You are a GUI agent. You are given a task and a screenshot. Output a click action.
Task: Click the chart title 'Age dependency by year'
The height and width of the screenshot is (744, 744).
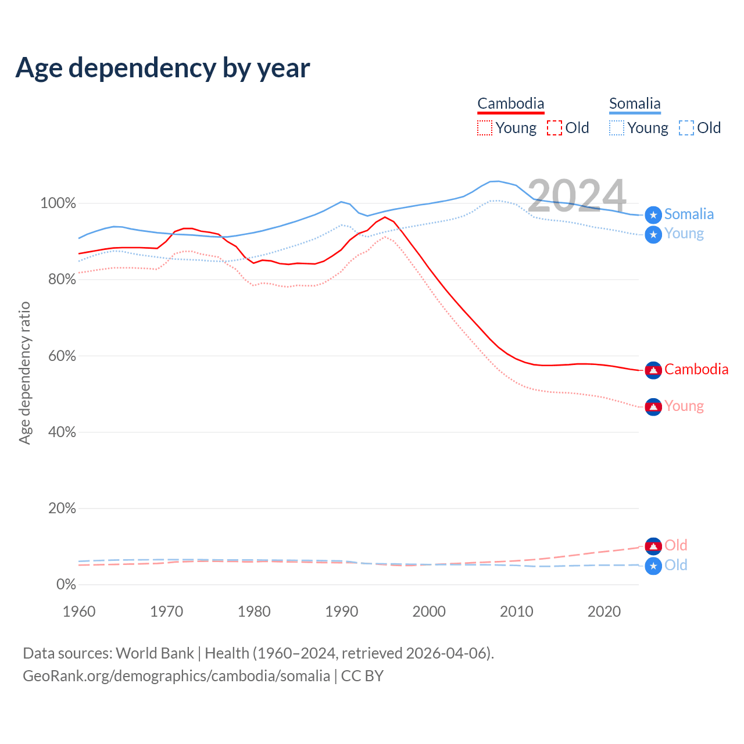click(163, 67)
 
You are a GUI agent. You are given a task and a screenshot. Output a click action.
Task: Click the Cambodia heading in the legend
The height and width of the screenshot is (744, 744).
click(511, 103)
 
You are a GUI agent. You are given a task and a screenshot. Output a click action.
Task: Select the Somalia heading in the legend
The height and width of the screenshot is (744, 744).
click(635, 103)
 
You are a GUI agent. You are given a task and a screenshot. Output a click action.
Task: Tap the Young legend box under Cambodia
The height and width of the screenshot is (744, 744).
click(485, 128)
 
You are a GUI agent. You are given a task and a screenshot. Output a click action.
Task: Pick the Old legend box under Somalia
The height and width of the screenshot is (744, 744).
click(686, 128)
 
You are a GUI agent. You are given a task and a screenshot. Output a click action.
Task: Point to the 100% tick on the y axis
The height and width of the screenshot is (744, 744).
click(58, 203)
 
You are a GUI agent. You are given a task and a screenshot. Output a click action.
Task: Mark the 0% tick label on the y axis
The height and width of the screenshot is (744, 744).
click(66, 584)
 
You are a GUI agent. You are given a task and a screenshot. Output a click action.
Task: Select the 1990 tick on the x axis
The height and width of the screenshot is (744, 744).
click(342, 611)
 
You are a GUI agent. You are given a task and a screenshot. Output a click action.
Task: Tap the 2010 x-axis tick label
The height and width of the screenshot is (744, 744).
click(517, 611)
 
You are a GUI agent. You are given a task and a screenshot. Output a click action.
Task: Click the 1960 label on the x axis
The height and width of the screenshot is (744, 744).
click(79, 611)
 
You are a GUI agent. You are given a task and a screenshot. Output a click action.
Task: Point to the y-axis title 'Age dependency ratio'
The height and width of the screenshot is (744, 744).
click(24, 373)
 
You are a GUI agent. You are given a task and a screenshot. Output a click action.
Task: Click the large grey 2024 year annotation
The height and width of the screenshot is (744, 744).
click(577, 196)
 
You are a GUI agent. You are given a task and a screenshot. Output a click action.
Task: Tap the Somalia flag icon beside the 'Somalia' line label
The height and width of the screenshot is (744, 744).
click(653, 215)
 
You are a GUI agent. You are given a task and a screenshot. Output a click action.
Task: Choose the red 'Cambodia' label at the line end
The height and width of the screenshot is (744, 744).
click(696, 369)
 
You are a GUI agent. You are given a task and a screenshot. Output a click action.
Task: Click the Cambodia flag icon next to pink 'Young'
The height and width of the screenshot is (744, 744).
click(653, 407)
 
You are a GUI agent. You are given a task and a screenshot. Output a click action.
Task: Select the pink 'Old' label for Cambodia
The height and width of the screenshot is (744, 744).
click(676, 545)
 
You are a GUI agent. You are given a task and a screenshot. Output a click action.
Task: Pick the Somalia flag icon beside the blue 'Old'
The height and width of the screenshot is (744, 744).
click(653, 566)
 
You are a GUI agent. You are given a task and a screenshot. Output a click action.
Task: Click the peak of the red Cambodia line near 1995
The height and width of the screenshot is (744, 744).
click(384, 217)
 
